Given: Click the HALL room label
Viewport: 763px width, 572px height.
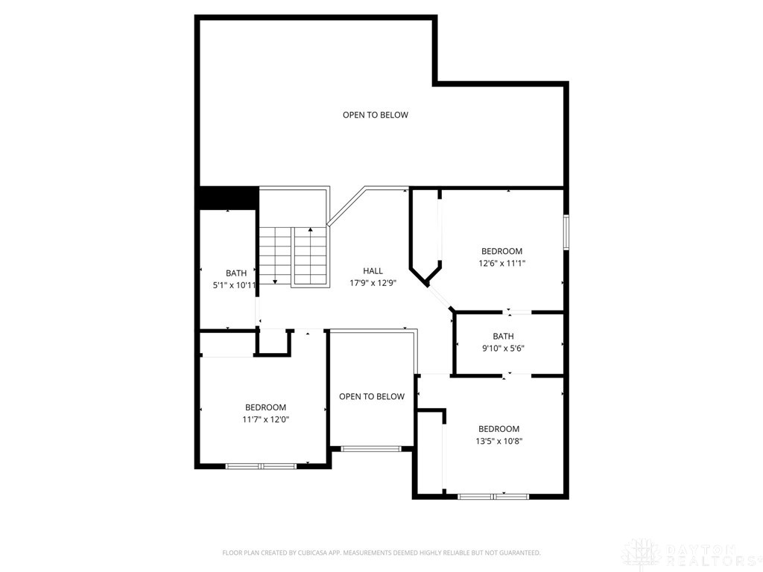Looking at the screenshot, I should (373, 271).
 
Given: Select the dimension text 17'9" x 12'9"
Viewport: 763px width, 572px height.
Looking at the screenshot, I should (373, 283).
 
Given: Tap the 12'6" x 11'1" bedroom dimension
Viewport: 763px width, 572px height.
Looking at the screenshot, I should (501, 263).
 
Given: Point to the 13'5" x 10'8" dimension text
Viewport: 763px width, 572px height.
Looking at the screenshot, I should (498, 440).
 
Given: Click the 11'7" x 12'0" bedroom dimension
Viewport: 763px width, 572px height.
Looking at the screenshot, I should (265, 419).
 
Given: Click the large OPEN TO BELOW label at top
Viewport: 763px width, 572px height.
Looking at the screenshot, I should (375, 115).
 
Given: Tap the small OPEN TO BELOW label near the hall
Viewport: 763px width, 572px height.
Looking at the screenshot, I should (372, 396).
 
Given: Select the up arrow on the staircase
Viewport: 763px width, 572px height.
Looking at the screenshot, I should (310, 230).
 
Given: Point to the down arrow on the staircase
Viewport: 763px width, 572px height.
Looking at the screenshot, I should (275, 280).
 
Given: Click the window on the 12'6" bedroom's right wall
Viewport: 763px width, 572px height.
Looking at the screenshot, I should (566, 232).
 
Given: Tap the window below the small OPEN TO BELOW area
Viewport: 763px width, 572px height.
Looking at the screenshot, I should (371, 448).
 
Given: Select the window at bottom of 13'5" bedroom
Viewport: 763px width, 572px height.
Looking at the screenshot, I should (493, 495).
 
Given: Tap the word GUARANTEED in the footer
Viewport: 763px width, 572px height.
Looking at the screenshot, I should (516, 553).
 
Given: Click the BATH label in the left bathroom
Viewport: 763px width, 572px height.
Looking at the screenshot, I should (236, 273).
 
